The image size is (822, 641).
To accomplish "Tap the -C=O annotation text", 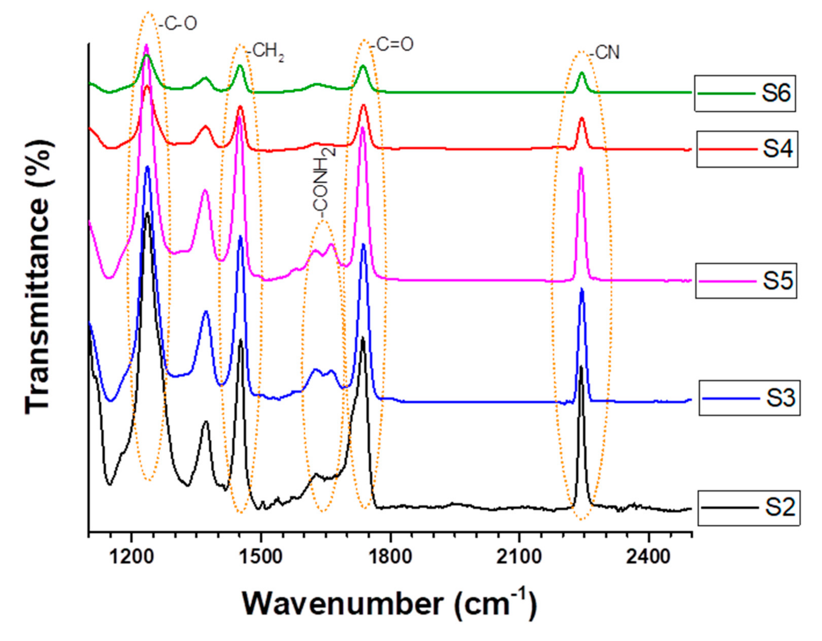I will pyautogui.click(x=392, y=44).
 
